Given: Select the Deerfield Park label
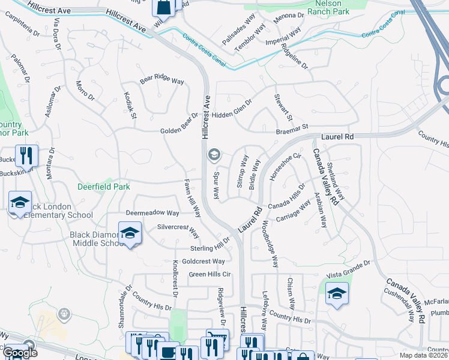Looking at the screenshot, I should pyautogui.click(x=104, y=187).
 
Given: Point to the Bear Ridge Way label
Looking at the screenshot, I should pyautogui.click(x=161, y=80).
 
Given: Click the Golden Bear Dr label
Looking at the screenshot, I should pyautogui.click(x=179, y=124).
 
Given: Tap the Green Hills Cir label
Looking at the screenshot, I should pyautogui.click(x=209, y=274).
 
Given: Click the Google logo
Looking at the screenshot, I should pyautogui.click(x=20, y=353).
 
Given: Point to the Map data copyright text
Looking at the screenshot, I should pyautogui.click(x=423, y=355).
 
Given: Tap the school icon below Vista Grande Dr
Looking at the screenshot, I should pyautogui.click(x=337, y=294).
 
